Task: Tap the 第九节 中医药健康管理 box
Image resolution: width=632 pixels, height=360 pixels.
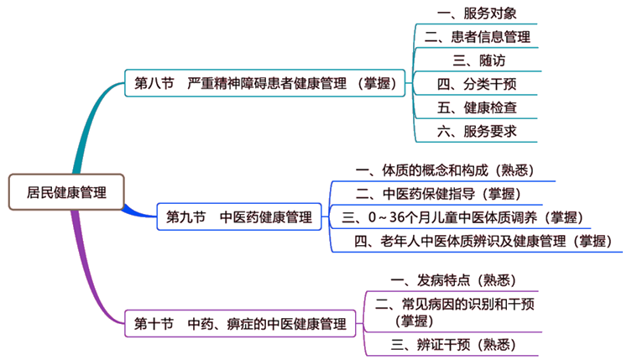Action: tap(239, 217)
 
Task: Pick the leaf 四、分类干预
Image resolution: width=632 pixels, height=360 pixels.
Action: tap(477, 84)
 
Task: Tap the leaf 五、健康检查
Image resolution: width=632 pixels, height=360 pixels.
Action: tap(477, 107)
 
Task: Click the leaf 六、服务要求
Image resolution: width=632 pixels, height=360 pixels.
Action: tap(477, 131)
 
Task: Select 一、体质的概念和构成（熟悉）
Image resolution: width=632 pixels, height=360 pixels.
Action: tap(444, 169)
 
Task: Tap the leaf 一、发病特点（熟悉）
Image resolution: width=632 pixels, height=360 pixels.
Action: tap(453, 279)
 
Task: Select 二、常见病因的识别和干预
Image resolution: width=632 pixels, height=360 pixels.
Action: tap(453, 310)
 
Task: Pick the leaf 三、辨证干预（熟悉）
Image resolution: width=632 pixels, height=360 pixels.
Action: tap(453, 344)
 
